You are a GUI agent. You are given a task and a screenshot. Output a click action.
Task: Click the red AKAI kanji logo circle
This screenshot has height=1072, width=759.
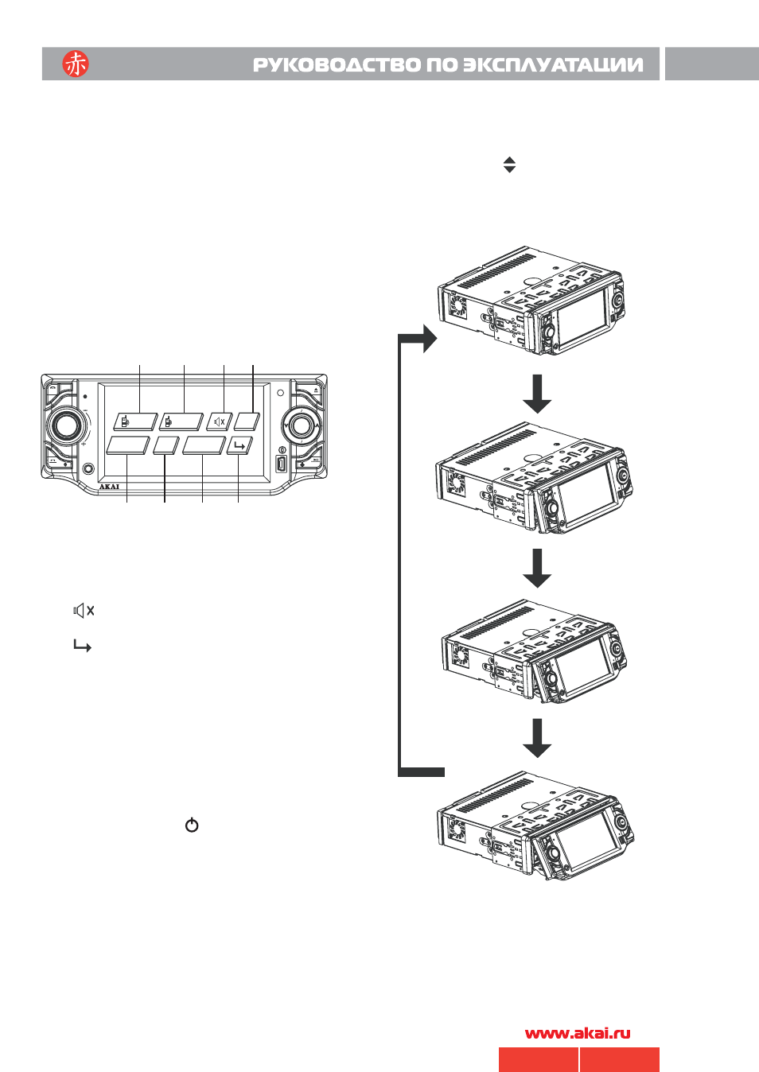(75, 64)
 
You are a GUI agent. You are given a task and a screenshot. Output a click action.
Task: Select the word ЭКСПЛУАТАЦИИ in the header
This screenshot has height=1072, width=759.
(553, 64)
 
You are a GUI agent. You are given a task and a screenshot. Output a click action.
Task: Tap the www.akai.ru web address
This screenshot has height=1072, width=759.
(578, 1033)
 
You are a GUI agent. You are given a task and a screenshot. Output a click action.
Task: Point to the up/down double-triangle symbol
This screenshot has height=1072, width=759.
(509, 165)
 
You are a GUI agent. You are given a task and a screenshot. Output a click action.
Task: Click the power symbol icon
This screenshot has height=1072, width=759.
(192, 825)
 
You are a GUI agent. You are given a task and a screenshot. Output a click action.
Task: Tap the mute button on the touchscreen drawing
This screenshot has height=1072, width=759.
(220, 421)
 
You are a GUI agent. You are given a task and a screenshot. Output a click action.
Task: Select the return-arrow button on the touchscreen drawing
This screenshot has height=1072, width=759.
(240, 445)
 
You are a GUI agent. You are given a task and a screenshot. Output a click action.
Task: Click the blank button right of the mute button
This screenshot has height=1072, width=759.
(247, 421)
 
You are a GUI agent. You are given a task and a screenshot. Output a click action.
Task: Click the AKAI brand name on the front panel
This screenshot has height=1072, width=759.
(109, 487)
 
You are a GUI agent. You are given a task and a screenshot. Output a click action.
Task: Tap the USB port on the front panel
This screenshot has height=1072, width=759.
(281, 464)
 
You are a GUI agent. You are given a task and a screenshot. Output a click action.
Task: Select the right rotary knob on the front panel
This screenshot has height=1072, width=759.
(301, 425)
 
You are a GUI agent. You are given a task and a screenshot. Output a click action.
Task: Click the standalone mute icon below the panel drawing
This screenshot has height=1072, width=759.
(84, 610)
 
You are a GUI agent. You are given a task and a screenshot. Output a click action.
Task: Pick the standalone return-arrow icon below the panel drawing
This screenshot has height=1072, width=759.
(82, 646)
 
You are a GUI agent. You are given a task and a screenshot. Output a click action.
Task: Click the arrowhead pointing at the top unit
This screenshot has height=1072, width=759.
(430, 338)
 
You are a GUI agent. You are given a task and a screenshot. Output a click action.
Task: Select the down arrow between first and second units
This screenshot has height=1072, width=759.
(537, 394)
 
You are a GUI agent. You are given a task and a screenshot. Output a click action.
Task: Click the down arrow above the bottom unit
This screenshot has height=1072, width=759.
(537, 738)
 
